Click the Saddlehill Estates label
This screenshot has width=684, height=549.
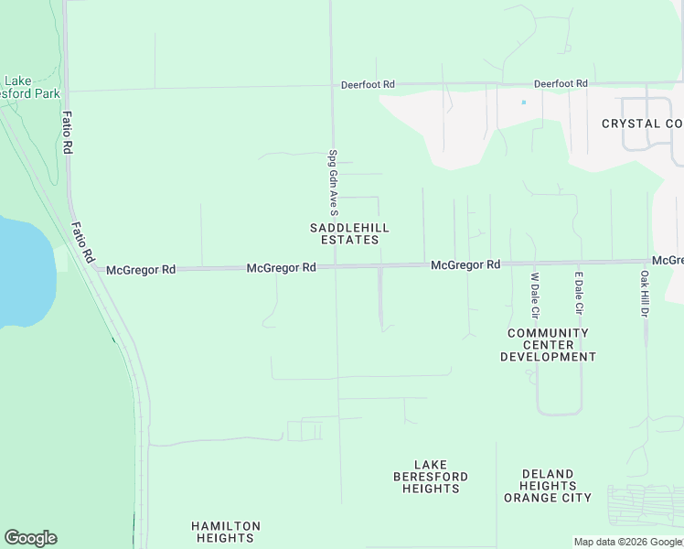tap(349, 233)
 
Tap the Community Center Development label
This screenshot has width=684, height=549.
tap(548, 345)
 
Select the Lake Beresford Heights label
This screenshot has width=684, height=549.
tap(431, 477)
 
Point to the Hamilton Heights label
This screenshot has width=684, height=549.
tap(225, 532)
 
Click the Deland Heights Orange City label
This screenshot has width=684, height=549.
tap(548, 486)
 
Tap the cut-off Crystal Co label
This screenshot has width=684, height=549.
tap(642, 124)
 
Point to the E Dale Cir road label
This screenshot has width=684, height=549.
tap(578, 293)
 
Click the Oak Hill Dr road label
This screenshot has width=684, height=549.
tap(644, 294)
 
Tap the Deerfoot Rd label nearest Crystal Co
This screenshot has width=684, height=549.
tap(561, 83)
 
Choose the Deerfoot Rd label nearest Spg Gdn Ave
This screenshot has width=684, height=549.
tap(368, 84)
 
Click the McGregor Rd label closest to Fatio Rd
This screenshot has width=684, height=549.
tap(140, 270)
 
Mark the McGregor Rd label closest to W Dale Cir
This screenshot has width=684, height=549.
tap(465, 264)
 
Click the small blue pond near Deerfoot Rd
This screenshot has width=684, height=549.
tap(523, 102)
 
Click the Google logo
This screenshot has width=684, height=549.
tap(30, 538)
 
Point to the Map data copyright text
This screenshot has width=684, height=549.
tap(627, 542)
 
